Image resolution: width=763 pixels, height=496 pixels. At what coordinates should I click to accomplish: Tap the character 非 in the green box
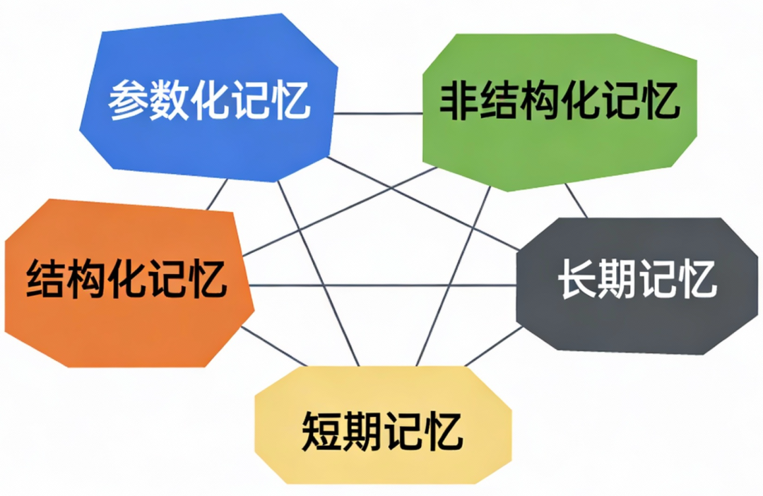click(456, 102)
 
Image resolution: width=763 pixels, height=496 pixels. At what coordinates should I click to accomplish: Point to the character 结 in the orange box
click(44, 279)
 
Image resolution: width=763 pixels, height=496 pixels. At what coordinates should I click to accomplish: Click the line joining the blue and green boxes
click(378, 113)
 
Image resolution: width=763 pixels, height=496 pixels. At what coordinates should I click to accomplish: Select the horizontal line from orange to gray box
click(381, 285)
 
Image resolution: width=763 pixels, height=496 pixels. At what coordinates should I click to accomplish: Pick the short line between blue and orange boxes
click(217, 194)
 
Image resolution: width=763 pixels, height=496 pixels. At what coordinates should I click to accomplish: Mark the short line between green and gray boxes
click(576, 201)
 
